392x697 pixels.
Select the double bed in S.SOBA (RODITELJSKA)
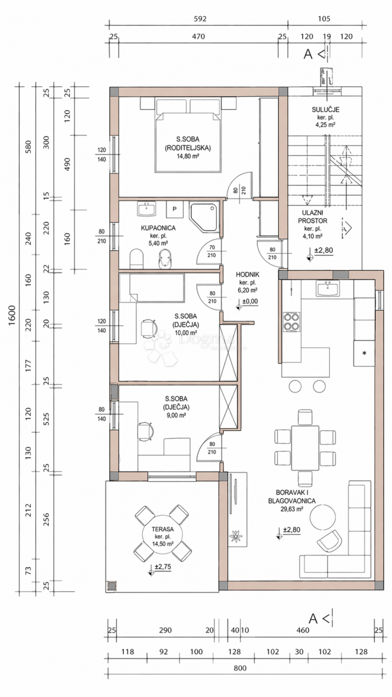pyautogui.click(x=187, y=139)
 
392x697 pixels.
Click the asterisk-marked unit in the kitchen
pyautogui.click(x=364, y=353)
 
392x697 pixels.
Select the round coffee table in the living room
pyautogui.click(x=323, y=516)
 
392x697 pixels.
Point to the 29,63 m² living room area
pyautogui.click(x=292, y=509)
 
